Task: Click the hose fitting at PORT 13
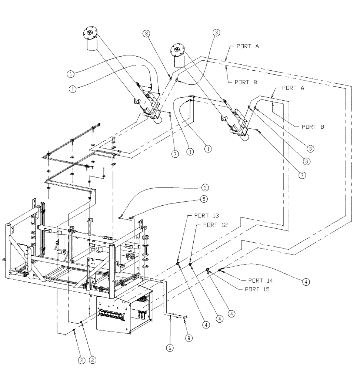179,264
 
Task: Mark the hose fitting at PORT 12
190,265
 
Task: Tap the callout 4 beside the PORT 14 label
306,282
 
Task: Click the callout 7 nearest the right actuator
302,175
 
